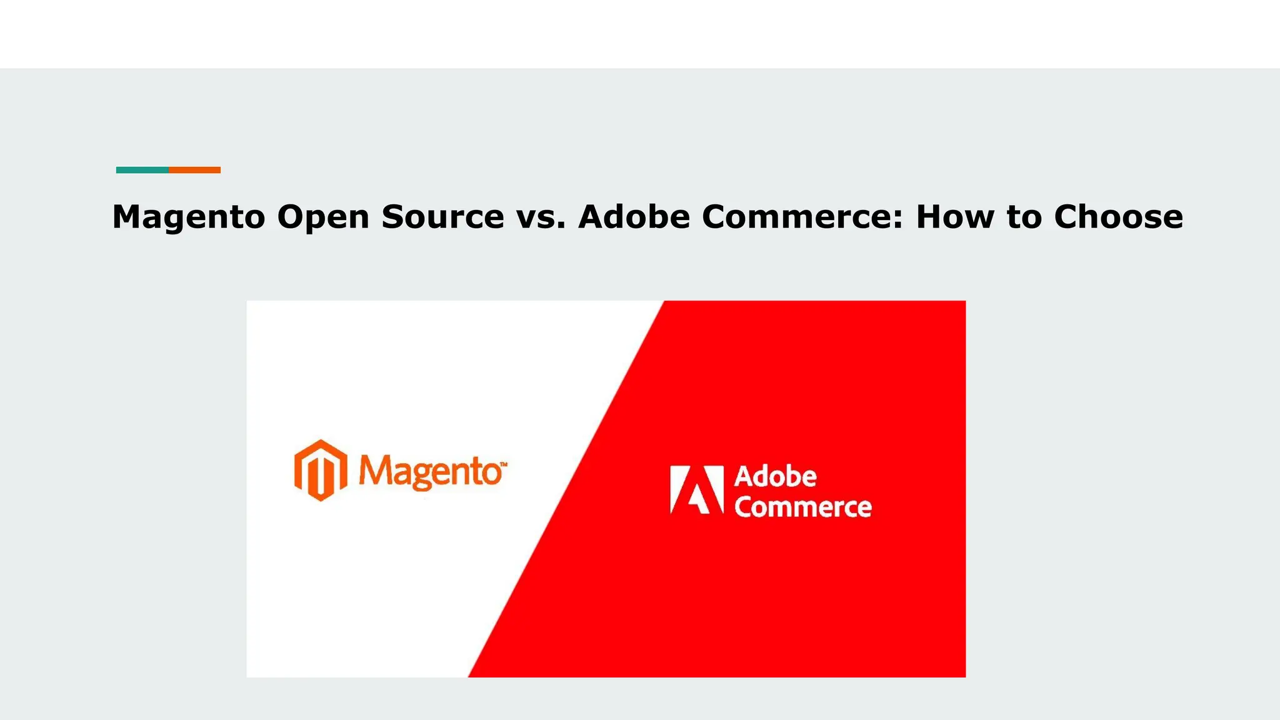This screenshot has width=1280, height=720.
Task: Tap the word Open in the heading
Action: pyautogui.click(x=323, y=217)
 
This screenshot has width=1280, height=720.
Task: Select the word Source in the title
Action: pyautogui.click(x=442, y=217)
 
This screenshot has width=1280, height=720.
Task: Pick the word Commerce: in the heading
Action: pyautogui.click(x=802, y=217)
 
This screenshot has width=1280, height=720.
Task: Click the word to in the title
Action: pyautogui.click(x=1024, y=217)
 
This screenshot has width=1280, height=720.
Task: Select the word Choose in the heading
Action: pyautogui.click(x=1119, y=217)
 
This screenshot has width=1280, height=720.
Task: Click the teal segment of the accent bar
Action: pyautogui.click(x=142, y=170)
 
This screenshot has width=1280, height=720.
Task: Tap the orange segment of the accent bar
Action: pyautogui.click(x=194, y=170)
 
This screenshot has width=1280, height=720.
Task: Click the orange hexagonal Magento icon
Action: pyautogui.click(x=321, y=471)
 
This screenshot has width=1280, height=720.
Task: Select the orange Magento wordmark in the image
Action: pyautogui.click(x=430, y=472)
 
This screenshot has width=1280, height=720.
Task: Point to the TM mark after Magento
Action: pyautogui.click(x=504, y=464)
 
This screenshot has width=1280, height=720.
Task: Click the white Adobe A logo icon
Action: pyautogui.click(x=696, y=489)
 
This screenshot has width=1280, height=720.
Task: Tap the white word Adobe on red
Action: pyautogui.click(x=775, y=477)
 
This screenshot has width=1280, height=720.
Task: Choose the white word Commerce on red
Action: pyautogui.click(x=802, y=507)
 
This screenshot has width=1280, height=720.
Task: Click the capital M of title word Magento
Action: pyautogui.click(x=128, y=217)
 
